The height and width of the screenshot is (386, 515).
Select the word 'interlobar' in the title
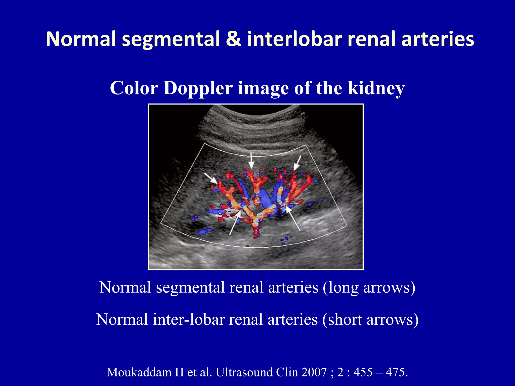(294, 39)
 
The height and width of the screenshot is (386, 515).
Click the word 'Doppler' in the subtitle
(198, 88)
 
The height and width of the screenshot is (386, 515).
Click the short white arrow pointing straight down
(251, 160)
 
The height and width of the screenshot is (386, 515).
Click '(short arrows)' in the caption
(370, 320)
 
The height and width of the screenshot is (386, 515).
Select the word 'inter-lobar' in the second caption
(189, 320)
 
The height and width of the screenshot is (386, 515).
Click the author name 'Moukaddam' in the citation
(139, 372)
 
